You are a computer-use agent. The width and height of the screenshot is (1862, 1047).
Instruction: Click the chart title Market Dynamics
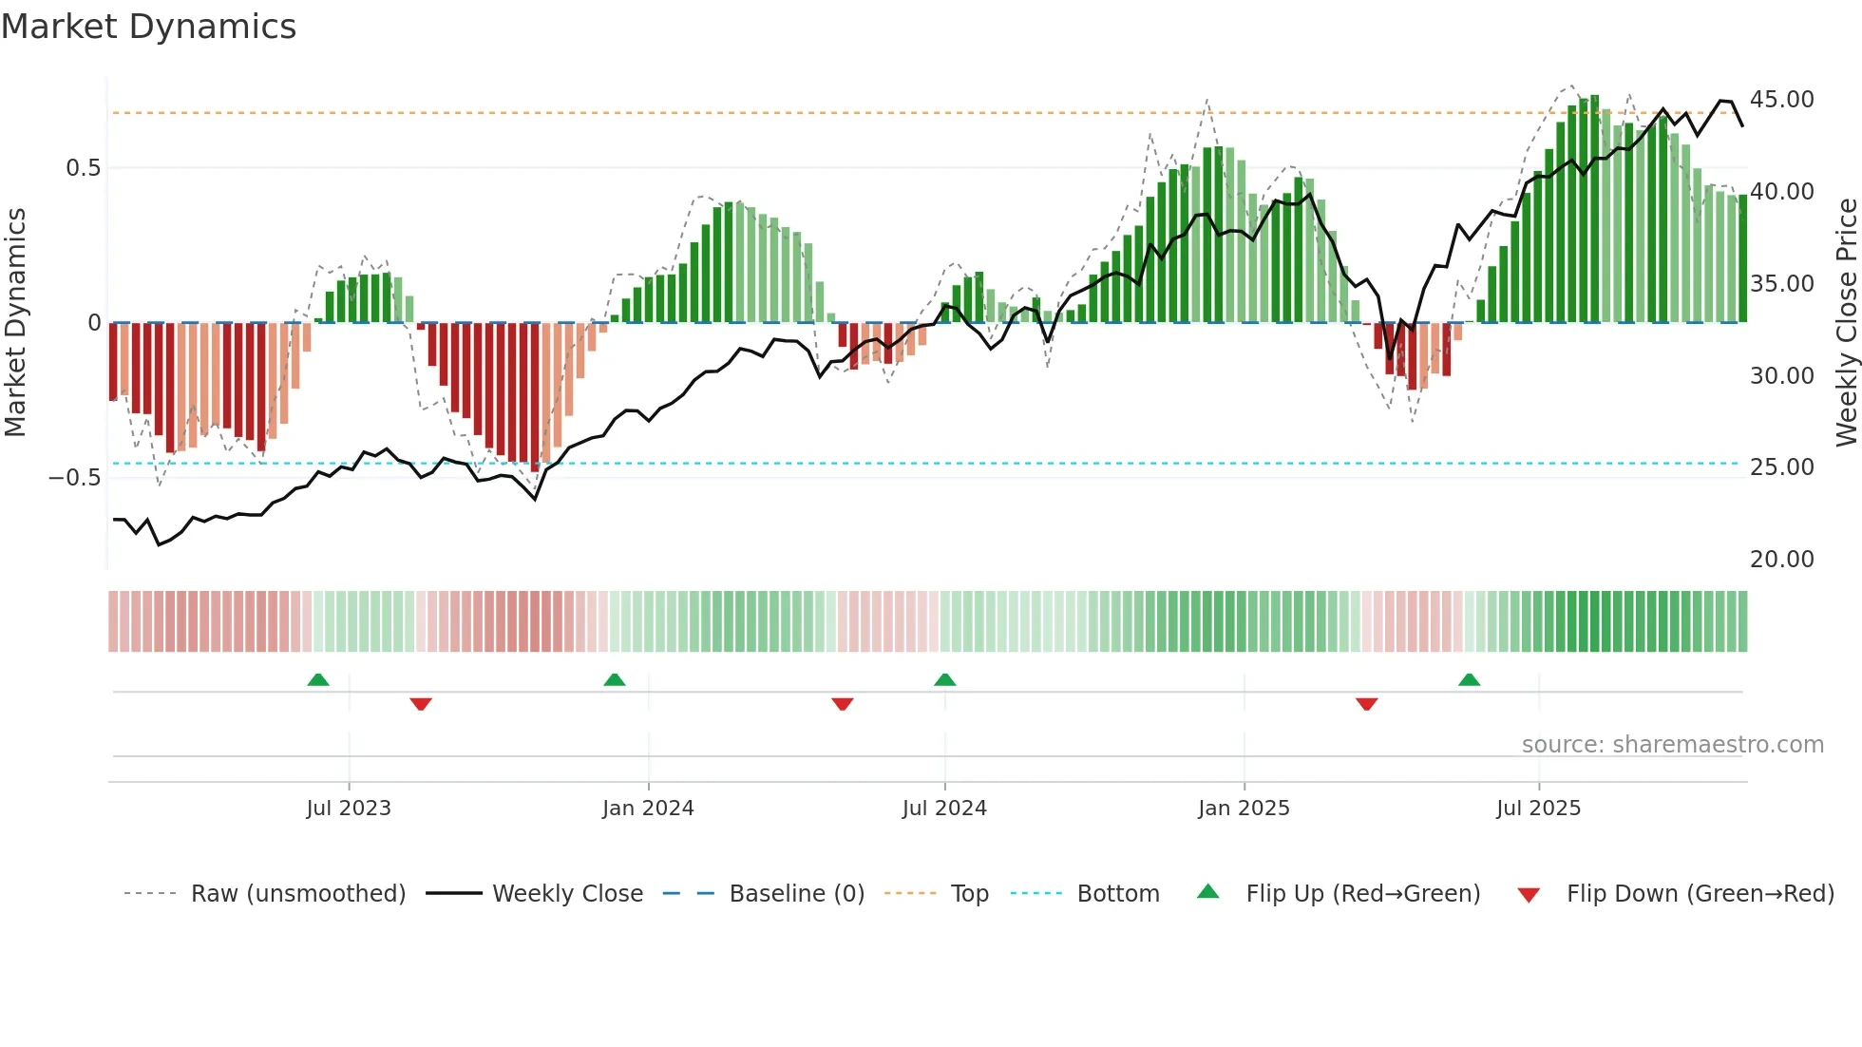click(148, 27)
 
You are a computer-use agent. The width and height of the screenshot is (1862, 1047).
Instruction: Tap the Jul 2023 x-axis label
click(349, 809)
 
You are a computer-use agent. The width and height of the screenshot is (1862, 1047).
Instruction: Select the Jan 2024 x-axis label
click(648, 809)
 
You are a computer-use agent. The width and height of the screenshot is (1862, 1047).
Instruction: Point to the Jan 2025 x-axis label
click(1244, 809)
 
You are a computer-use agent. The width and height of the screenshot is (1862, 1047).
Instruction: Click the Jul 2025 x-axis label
click(1538, 809)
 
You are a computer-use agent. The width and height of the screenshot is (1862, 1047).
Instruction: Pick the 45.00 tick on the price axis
click(1781, 100)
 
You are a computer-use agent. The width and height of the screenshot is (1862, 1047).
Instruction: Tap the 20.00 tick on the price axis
click(1781, 560)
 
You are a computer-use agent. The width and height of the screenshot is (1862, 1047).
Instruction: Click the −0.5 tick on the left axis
click(74, 478)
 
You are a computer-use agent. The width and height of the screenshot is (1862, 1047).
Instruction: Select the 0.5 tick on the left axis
click(83, 168)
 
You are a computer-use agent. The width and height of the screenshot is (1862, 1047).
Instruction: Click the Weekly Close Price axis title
click(1846, 322)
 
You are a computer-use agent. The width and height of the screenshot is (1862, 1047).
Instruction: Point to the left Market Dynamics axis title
click(15, 322)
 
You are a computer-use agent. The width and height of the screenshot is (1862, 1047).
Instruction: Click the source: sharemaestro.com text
click(1672, 745)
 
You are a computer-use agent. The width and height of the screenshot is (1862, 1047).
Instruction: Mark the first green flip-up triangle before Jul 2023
click(318, 680)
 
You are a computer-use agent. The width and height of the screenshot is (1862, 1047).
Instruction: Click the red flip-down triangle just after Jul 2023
click(421, 704)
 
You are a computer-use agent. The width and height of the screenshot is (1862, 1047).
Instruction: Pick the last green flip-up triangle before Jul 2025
click(1469, 680)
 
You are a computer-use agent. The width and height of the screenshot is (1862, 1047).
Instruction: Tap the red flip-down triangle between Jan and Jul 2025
click(1366, 704)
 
